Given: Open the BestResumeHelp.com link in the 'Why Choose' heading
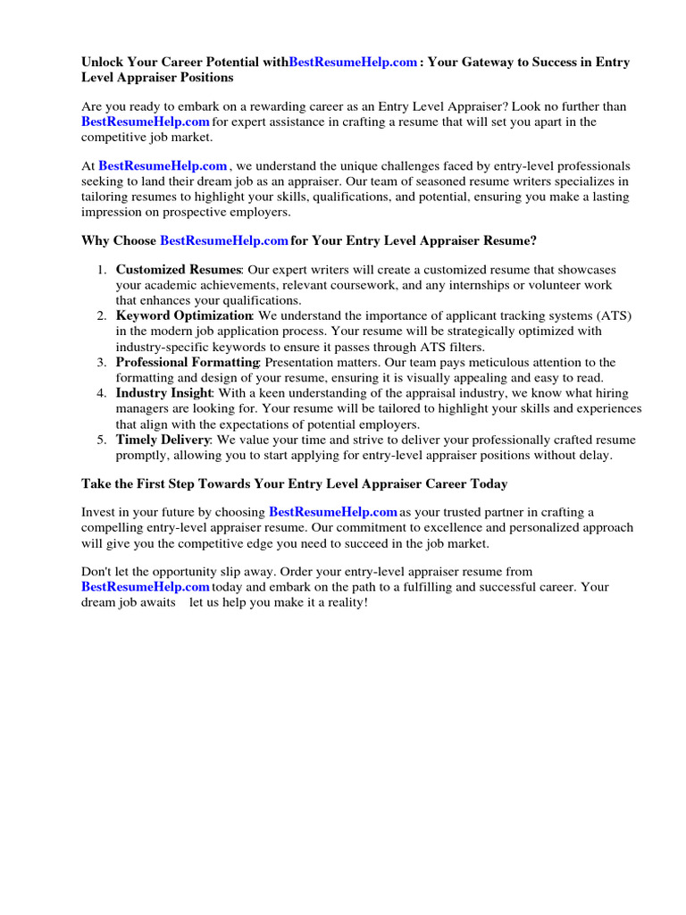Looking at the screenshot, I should pos(224,241).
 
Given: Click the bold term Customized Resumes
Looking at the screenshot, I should pos(179,270).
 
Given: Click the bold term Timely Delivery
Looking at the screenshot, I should pos(163,440).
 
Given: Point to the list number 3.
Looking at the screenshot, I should pos(101,363).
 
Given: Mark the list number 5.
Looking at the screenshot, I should pos(101,440).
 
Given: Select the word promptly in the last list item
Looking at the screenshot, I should pos(143,455).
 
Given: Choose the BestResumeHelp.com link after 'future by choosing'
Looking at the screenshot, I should pos(333,512).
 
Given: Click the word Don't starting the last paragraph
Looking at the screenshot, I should pos(96,571).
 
